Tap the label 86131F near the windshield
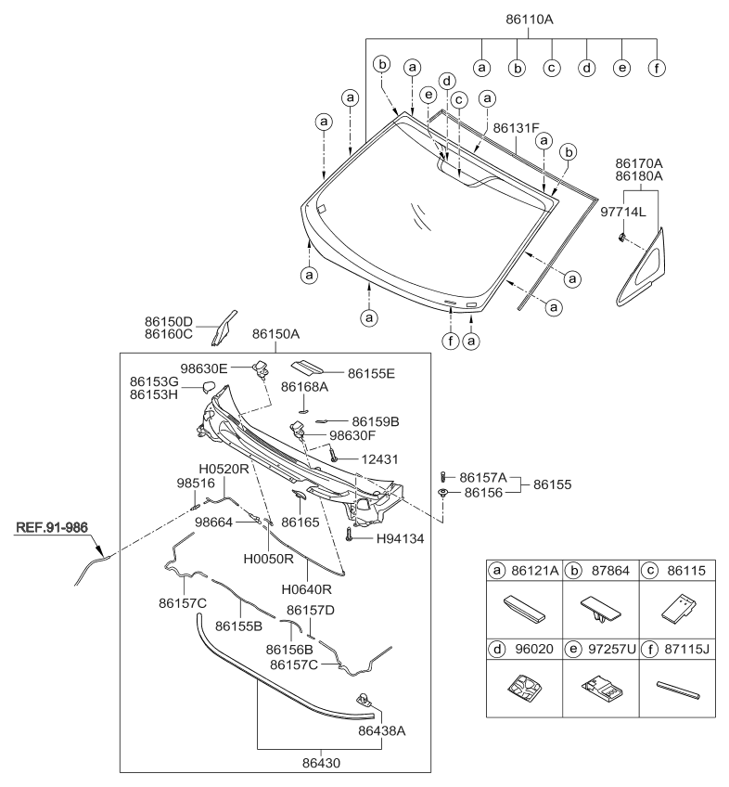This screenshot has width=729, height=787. click(x=518, y=129)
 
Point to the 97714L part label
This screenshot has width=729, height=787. click(x=624, y=213)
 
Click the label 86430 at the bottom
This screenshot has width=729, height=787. click(x=308, y=758)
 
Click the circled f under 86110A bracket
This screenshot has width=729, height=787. click(x=657, y=68)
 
